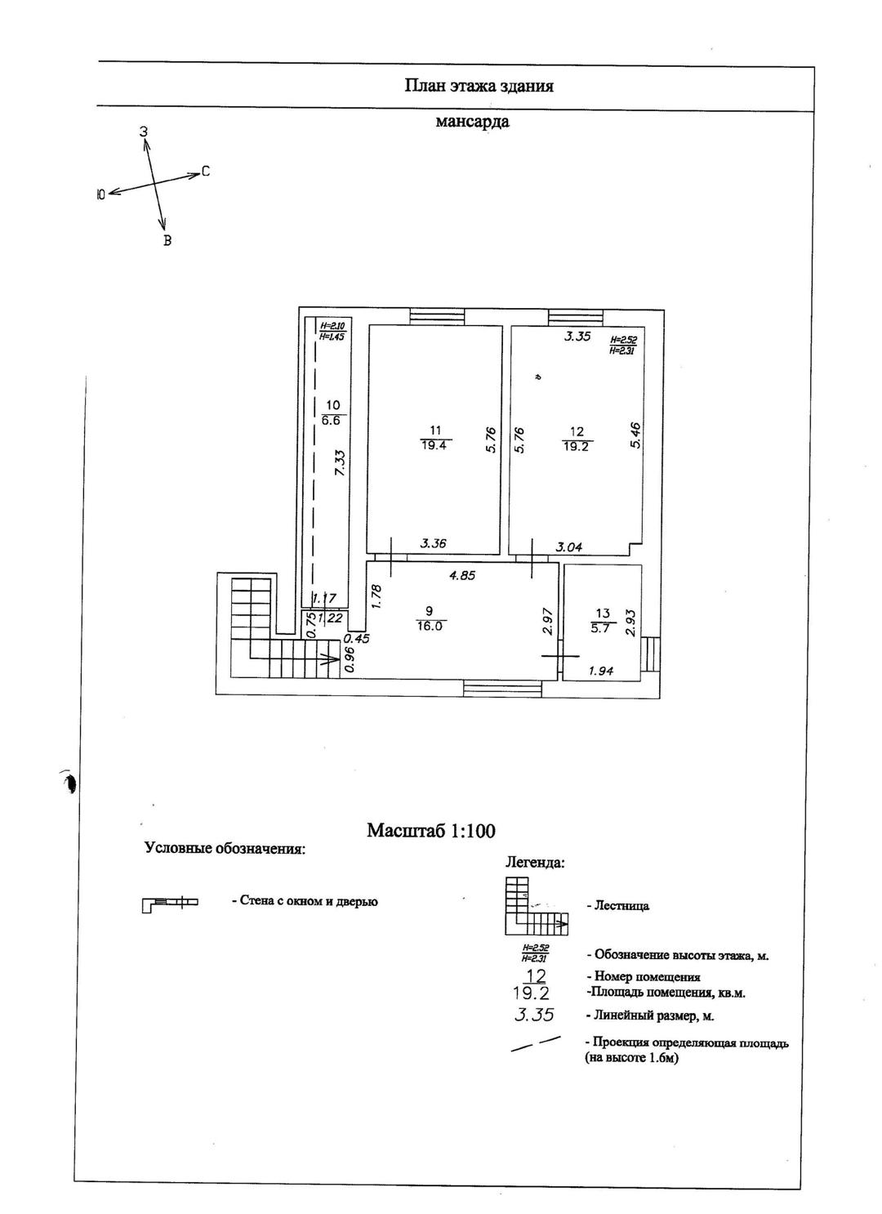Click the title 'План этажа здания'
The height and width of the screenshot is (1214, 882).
click(479, 86)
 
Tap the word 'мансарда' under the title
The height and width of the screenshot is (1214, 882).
click(472, 123)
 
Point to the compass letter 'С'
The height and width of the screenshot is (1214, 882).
click(206, 172)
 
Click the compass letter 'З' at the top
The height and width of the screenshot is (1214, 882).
click(143, 132)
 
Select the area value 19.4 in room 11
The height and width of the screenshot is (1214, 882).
click(435, 445)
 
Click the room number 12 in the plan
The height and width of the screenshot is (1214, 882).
click(577, 431)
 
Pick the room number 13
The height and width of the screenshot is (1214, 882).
click(603, 614)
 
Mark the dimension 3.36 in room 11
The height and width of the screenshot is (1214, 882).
click(434, 542)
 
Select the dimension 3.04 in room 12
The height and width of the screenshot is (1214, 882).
click(569, 547)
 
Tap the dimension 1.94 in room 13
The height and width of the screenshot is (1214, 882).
click(601, 672)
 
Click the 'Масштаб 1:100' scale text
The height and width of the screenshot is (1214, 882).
click(431, 831)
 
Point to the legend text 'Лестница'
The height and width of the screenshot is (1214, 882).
click(617, 906)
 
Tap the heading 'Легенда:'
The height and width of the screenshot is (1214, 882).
click(535, 862)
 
